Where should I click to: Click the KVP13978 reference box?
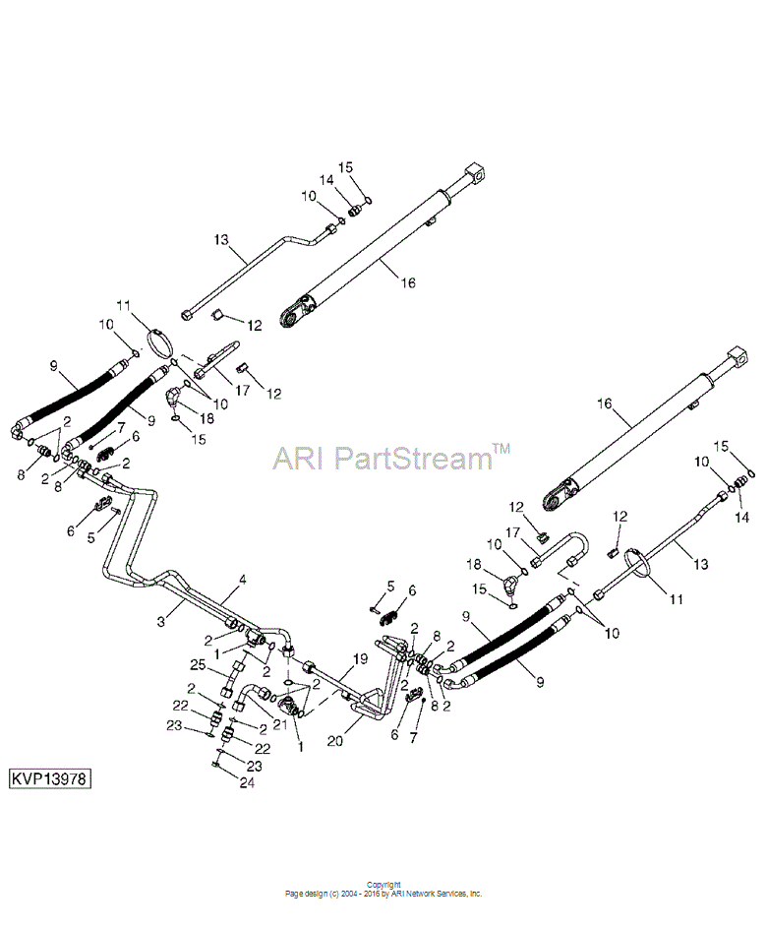click(51, 777)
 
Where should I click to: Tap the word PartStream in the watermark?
click(412, 458)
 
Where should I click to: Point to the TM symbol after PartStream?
click(501, 449)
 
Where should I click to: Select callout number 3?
click(161, 622)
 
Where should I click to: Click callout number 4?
click(242, 579)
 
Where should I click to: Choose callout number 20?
click(335, 740)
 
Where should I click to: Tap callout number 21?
click(279, 723)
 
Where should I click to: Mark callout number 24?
click(247, 782)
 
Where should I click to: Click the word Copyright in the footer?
click(383, 885)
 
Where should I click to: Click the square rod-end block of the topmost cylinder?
click(476, 173)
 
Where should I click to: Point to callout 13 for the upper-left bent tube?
click(220, 240)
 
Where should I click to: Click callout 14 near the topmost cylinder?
click(326, 180)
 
